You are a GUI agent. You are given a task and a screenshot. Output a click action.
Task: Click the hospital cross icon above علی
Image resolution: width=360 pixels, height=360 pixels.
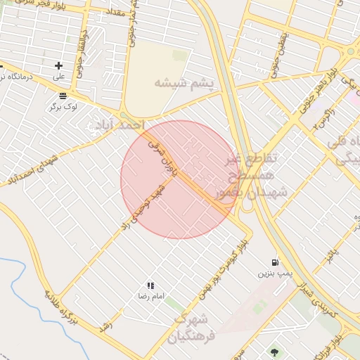[58, 65]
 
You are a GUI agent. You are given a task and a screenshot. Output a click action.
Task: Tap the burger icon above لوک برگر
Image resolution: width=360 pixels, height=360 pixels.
[63, 96]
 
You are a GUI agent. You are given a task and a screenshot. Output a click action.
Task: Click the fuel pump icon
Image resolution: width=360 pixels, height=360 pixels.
[275, 262]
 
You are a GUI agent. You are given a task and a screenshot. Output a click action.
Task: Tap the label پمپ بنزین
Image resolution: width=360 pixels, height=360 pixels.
[274, 272]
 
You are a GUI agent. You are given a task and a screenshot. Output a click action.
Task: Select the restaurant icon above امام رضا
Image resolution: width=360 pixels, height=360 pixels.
[150, 285]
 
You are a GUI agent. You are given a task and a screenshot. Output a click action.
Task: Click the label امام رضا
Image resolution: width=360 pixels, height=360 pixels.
[150, 297]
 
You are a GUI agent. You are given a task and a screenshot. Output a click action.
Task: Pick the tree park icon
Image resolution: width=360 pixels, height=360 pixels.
[274, 352]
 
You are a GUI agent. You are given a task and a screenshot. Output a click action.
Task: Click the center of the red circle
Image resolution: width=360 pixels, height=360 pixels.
[180, 179]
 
